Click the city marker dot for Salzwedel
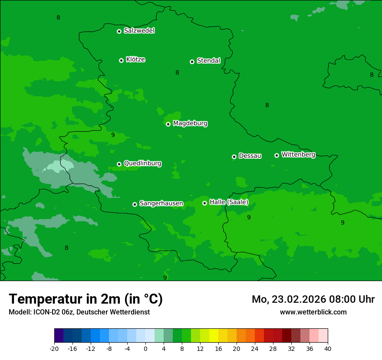(x=119, y=31)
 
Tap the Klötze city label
(x=135, y=59)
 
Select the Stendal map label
(x=208, y=61)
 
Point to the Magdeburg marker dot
(x=168, y=124)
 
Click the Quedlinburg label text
(x=142, y=164)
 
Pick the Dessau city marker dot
(x=234, y=157)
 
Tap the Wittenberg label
(x=298, y=154)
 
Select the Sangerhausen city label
(x=161, y=203)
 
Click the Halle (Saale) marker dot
(x=204, y=203)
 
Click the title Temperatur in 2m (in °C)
(x=86, y=299)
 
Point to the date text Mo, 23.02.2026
(x=286, y=299)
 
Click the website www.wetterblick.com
(x=313, y=312)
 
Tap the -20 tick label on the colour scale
(x=54, y=348)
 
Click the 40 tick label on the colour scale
(x=327, y=348)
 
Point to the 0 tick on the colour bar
(x=145, y=348)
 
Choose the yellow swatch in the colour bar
(x=214, y=336)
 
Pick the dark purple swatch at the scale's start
(x=59, y=336)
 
